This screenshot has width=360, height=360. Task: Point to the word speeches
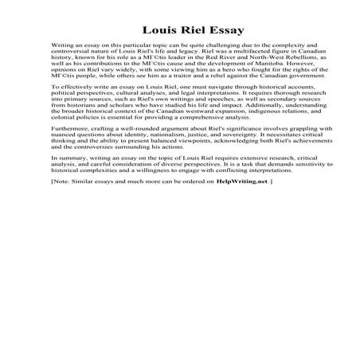(203, 108)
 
